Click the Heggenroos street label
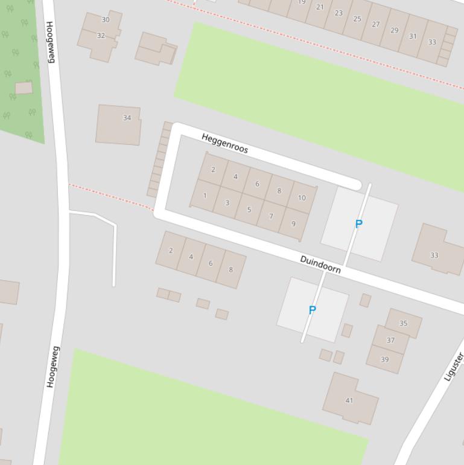coord(224,143)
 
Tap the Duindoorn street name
coord(320,265)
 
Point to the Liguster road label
coord(453,367)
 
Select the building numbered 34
coord(127,118)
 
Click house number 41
coord(349,400)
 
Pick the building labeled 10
coord(302,197)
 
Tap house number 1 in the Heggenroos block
coord(205,196)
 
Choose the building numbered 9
coord(294,223)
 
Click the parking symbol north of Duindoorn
coord(358,224)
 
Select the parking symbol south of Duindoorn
coord(312,310)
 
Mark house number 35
coord(403,323)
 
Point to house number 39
coord(384,359)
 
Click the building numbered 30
coord(106,20)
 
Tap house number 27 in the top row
coord(376,25)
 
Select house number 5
coord(249,210)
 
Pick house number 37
coord(390,341)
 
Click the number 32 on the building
coord(101,36)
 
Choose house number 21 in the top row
coord(320,7)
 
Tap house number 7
coord(271,216)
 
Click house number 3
coord(227,203)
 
